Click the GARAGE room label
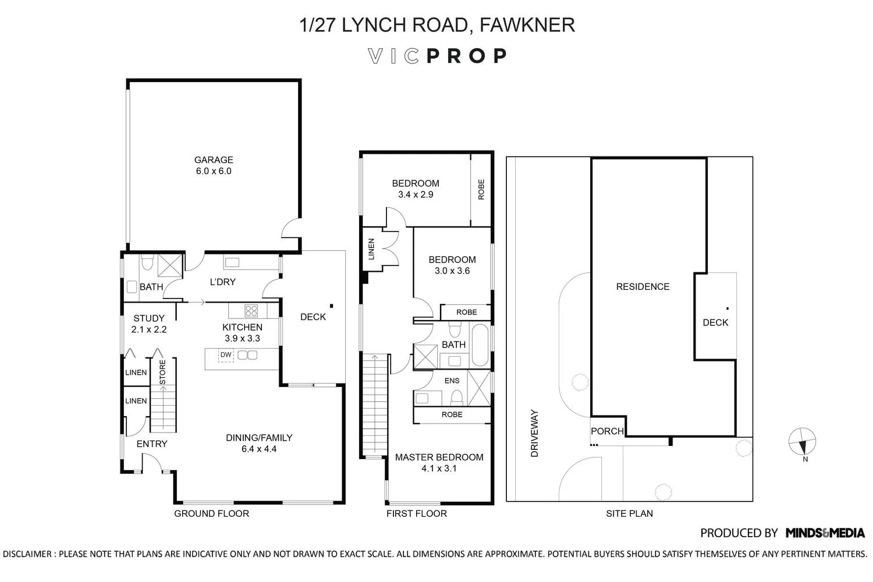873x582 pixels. (213, 160)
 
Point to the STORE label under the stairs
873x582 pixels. (162, 372)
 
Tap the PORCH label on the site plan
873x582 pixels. (607, 431)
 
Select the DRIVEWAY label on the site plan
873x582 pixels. (534, 433)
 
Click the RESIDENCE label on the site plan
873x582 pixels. (643, 286)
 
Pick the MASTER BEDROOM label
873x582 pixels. (439, 457)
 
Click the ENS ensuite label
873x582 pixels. (452, 381)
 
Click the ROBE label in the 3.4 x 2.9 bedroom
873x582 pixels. (481, 190)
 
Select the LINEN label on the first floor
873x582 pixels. (371, 249)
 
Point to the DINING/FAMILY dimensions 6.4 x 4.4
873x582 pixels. (259, 449)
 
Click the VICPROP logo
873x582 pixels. (437, 56)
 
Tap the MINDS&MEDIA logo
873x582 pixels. (825, 533)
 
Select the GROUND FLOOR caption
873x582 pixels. (212, 513)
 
